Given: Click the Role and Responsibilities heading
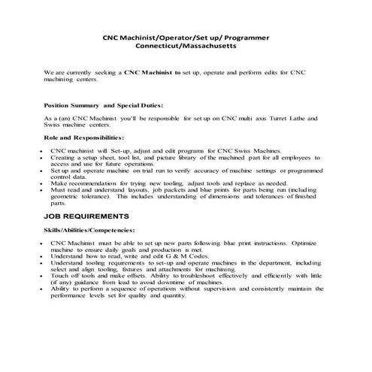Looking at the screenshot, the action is [84, 139].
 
